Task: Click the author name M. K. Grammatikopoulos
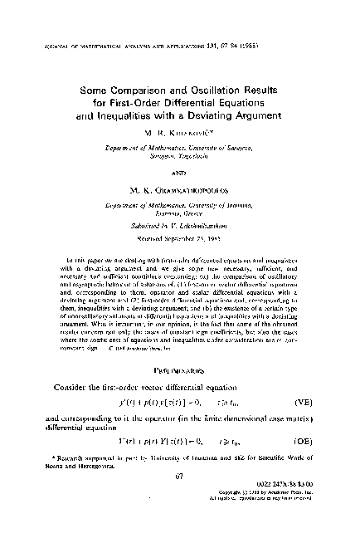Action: click(x=180, y=196)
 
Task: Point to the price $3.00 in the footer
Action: click(x=309, y=507)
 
